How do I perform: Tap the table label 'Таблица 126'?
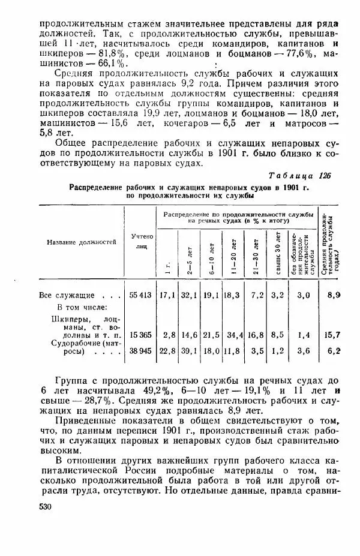click(x=301, y=175)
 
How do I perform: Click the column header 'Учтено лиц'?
click(x=142, y=241)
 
